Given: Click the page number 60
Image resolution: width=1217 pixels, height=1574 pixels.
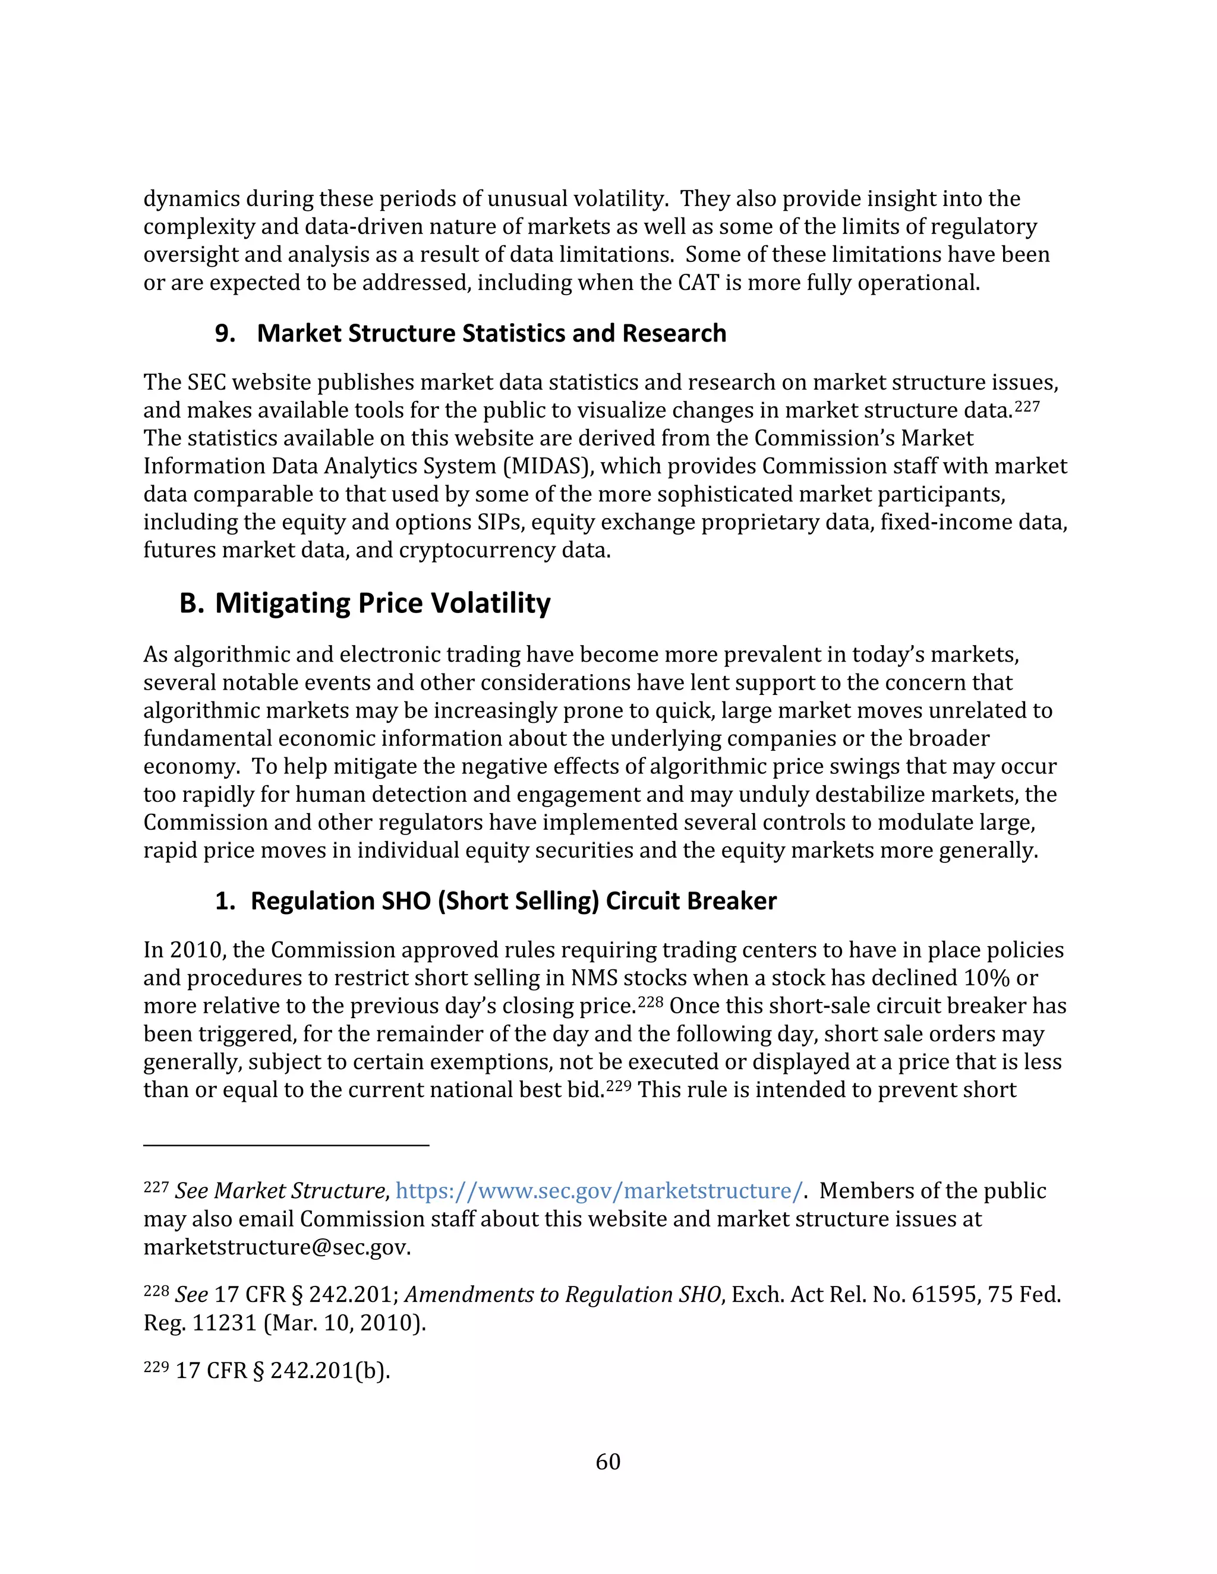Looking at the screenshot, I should click(x=608, y=1461).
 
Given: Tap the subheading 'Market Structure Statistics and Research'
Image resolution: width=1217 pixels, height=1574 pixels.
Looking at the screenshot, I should click(x=491, y=333).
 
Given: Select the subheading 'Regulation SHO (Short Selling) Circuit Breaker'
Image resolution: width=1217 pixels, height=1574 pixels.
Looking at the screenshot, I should click(x=513, y=901).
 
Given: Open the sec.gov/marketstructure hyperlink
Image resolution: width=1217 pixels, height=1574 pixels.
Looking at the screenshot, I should click(x=598, y=1190).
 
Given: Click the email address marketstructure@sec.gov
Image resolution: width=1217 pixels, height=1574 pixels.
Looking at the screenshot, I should click(x=276, y=1247).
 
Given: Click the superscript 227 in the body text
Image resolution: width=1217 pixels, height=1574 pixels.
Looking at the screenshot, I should click(x=1027, y=406).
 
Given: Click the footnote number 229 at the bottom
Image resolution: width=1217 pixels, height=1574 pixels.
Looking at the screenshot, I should click(x=156, y=1367).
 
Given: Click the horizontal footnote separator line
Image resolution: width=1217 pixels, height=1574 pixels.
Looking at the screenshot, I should click(x=286, y=1145).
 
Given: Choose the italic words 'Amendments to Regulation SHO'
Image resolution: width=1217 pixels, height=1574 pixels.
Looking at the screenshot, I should click(x=562, y=1295).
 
